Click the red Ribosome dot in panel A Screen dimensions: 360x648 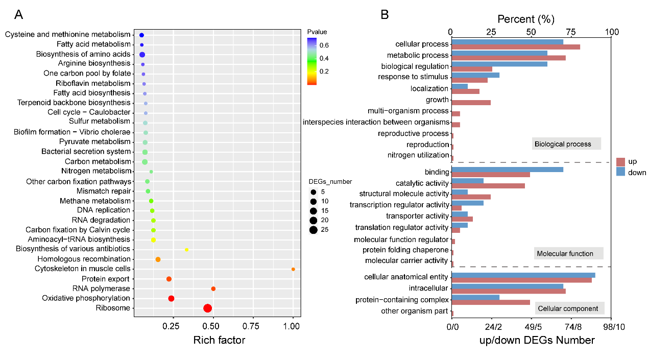207,308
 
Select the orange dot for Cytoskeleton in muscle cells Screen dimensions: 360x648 293,269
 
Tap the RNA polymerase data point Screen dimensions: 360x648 213,289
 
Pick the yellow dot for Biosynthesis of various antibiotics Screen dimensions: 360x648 187,250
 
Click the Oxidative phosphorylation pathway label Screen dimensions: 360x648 86,298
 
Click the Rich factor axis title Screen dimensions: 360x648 219,340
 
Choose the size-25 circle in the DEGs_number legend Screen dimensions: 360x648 313,230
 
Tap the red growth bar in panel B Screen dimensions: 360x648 471,103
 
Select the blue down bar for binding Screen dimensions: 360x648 507,169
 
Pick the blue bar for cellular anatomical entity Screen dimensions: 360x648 523,275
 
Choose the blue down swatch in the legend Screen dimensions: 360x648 621,172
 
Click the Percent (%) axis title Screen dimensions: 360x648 525,19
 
